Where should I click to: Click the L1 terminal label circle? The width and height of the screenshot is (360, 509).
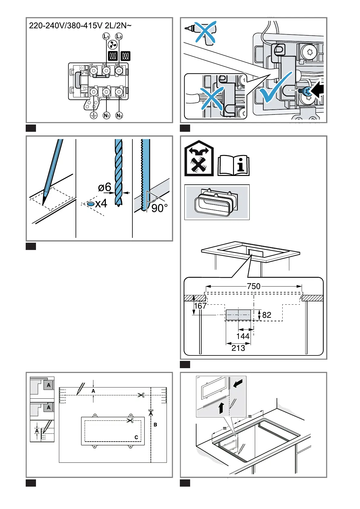pyautogui.click(x=106, y=37)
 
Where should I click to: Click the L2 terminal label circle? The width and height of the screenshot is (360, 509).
pyautogui.click(x=119, y=37)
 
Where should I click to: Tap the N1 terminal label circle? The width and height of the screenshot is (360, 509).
pyautogui.click(x=106, y=115)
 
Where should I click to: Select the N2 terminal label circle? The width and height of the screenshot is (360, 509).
pyautogui.click(x=119, y=115)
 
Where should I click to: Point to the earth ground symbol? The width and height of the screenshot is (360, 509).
pyautogui.click(x=94, y=115)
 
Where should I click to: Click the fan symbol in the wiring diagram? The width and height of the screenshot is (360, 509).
pyautogui.click(x=112, y=45)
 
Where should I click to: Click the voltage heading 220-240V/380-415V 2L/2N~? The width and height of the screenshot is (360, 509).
pyautogui.click(x=80, y=26)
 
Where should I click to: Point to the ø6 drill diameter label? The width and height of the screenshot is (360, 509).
pyautogui.click(x=105, y=187)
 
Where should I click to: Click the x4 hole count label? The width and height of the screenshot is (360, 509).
pyautogui.click(x=101, y=204)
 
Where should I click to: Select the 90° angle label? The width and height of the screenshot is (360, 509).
pyautogui.click(x=159, y=208)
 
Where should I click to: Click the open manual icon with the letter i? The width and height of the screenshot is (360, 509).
pyautogui.click(x=234, y=166)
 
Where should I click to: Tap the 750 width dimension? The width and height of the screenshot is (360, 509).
pyautogui.click(x=254, y=286)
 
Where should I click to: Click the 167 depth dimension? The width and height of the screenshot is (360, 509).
pyautogui.click(x=200, y=306)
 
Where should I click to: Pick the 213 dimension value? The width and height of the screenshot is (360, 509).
pyautogui.click(x=238, y=348)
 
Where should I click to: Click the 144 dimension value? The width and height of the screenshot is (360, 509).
pyautogui.click(x=243, y=336)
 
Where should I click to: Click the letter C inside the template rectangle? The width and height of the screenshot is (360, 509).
pyautogui.click(x=136, y=437)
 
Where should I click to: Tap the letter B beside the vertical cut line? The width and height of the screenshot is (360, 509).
pyautogui.click(x=155, y=425)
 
